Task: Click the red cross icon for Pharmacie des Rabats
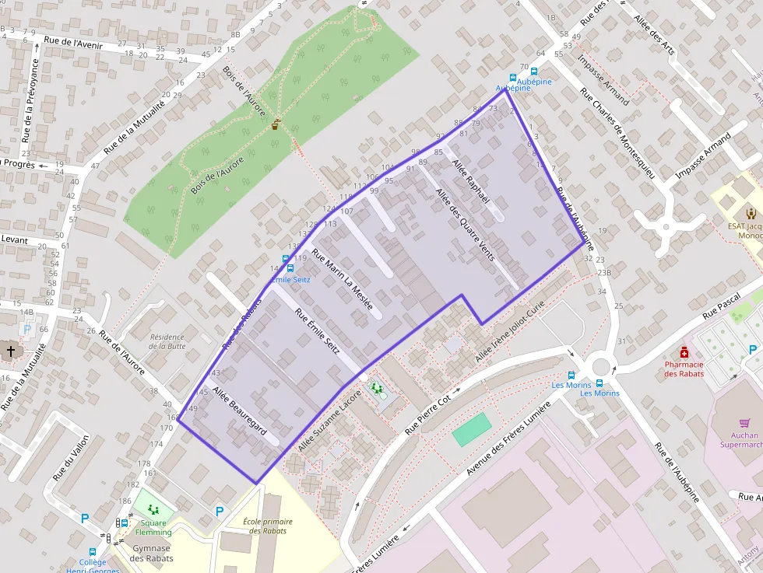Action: click(x=684, y=351)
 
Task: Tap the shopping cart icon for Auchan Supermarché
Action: click(x=745, y=423)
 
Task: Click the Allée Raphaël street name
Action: click(x=471, y=181)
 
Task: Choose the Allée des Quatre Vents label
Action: click(x=465, y=225)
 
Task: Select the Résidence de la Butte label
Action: click(x=167, y=341)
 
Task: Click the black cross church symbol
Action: click(x=11, y=351)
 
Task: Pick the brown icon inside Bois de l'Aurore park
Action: click(x=276, y=124)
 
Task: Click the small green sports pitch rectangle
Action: click(x=472, y=429)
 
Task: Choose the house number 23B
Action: click(x=604, y=273)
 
